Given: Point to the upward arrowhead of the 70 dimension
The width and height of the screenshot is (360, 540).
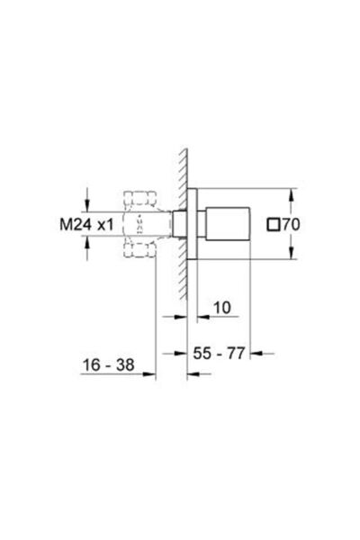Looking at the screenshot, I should pyautogui.click(x=291, y=192).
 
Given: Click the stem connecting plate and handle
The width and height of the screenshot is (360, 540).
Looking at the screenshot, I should pyautogui.click(x=203, y=222).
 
